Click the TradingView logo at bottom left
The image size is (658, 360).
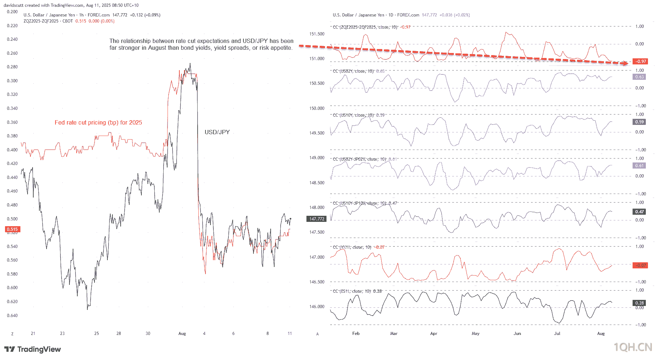pos(33,349)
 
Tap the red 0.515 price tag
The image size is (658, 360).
pos(13,229)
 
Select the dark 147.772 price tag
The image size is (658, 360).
pos(317,219)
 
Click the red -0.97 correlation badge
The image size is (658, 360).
pos(640,62)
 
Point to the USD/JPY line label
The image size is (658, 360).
pos(217,132)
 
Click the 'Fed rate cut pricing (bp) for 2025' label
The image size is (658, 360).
pos(98,123)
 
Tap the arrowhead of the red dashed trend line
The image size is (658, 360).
pos(625,64)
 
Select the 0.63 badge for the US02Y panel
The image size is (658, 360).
pos(639,77)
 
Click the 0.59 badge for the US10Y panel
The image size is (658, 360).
pos(639,122)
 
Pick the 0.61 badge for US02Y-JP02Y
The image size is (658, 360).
pos(639,166)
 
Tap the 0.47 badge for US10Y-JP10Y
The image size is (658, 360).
pos(639,212)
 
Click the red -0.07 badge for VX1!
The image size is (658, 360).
pos(640,266)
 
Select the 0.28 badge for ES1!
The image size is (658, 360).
pos(639,303)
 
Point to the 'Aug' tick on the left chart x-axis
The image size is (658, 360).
pos(182,334)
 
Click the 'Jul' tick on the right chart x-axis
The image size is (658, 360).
pos(557,334)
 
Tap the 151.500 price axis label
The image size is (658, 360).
pos(317,34)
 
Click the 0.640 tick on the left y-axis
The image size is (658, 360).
pos(12,316)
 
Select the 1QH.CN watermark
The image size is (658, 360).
pos(633,347)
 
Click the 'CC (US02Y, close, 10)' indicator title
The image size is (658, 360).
pos(353,71)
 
